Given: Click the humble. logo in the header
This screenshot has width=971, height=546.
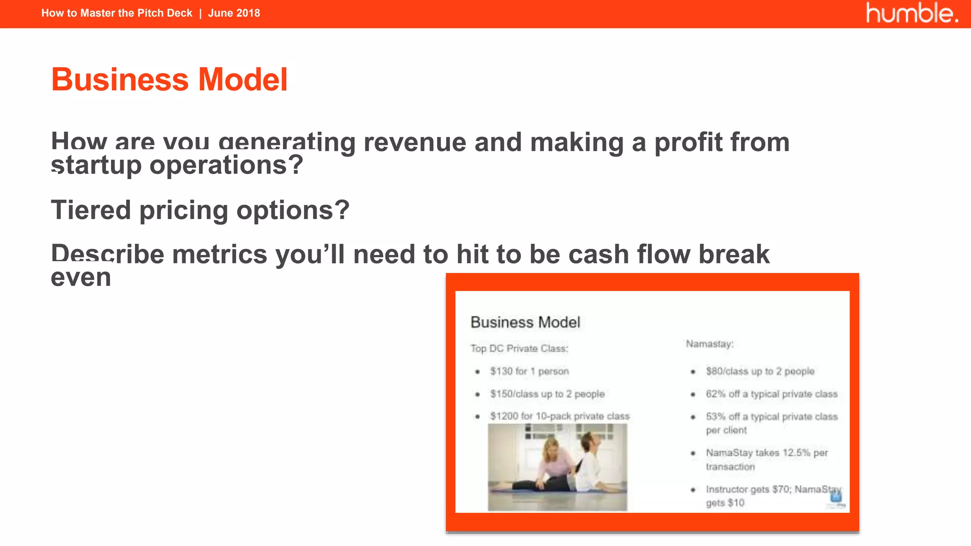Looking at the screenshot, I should point(911,13).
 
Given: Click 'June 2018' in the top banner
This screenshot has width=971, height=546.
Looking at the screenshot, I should point(234,13).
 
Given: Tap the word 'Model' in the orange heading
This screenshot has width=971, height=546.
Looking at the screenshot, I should point(243,79).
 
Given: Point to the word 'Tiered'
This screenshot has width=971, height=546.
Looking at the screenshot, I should point(91,210).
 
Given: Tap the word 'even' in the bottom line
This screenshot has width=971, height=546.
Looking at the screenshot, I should point(81,277).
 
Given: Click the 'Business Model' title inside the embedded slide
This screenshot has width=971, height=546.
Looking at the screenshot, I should point(525,322).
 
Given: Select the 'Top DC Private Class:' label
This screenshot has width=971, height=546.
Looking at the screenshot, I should point(519,348).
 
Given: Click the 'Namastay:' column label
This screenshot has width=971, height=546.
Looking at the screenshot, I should point(709,344).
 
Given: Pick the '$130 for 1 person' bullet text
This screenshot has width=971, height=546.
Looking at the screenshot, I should point(529,371).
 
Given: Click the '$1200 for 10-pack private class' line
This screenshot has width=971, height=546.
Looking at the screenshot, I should point(559,416).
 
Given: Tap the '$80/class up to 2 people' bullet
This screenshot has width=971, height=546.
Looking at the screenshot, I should point(760,371).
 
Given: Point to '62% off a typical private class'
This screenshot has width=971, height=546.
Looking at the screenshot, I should point(771,394).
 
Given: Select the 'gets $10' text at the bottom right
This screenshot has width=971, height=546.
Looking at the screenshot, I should point(725,503).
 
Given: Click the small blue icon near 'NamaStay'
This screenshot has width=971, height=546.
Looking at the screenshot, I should point(836,496).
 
